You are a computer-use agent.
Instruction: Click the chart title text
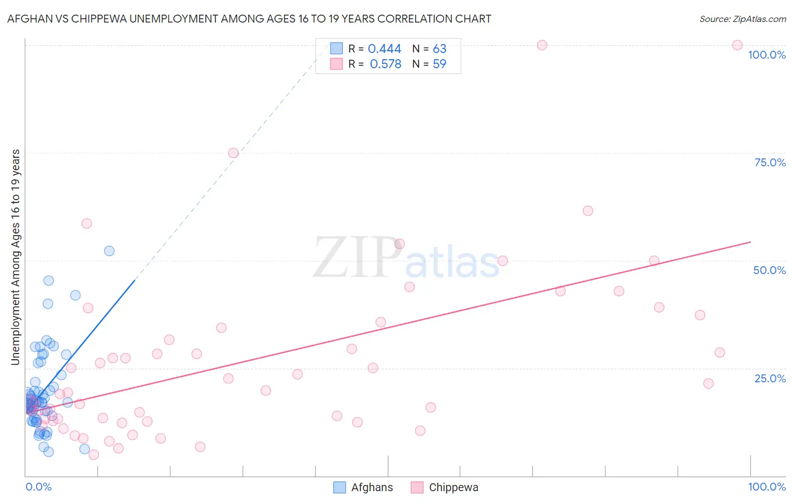pyautogui.click(x=249, y=19)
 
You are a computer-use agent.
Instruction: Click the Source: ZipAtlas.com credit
pyautogui.click(x=742, y=19)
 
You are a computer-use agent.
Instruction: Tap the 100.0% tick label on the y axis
pyautogui.click(x=766, y=55)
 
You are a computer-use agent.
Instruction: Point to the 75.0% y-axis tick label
pyautogui.click(x=770, y=162)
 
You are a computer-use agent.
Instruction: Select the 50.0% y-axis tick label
pyautogui.click(x=769, y=270)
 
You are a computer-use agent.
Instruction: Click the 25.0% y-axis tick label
pyautogui.click(x=770, y=378)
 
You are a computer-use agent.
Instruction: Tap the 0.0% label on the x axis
pyautogui.click(x=38, y=487)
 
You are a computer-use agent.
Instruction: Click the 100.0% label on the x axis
pyautogui.click(x=766, y=487)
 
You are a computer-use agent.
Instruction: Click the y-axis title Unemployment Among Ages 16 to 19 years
pyautogui.click(x=16, y=257)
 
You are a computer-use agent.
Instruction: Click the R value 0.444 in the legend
pyautogui.click(x=385, y=49)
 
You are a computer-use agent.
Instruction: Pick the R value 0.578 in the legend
pyautogui.click(x=385, y=64)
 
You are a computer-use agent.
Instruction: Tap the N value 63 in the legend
pyautogui.click(x=439, y=49)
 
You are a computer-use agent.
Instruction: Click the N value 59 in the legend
pyautogui.click(x=439, y=64)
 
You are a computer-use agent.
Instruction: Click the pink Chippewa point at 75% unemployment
pyautogui.click(x=234, y=153)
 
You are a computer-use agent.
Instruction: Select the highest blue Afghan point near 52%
pyautogui.click(x=109, y=251)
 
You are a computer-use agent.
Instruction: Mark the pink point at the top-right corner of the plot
pyautogui.click(x=737, y=45)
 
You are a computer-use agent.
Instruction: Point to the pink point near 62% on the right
pyautogui.click(x=588, y=211)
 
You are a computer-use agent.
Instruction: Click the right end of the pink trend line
pyautogui.click(x=750, y=242)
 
